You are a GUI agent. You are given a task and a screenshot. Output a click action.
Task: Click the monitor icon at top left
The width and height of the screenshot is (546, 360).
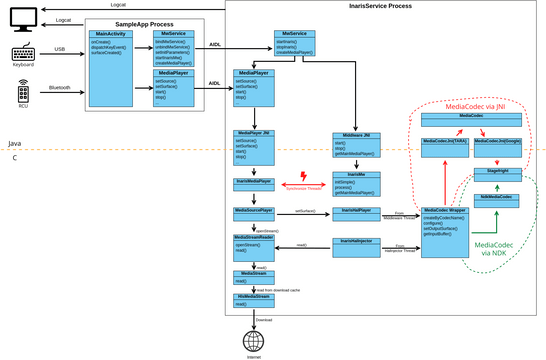coord(23,17)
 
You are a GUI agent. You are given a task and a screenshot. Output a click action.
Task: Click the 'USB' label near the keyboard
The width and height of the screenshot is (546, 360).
coord(59,48)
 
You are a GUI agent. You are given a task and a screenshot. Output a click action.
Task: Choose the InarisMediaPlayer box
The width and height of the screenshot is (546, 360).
coord(254,181)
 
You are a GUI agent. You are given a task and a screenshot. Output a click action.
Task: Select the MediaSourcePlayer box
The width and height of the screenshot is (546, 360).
coord(254,211)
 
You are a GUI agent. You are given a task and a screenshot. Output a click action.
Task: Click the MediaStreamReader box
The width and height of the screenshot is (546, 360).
coord(254,238)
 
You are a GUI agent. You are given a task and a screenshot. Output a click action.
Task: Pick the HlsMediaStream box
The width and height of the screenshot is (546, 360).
coord(254,298)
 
